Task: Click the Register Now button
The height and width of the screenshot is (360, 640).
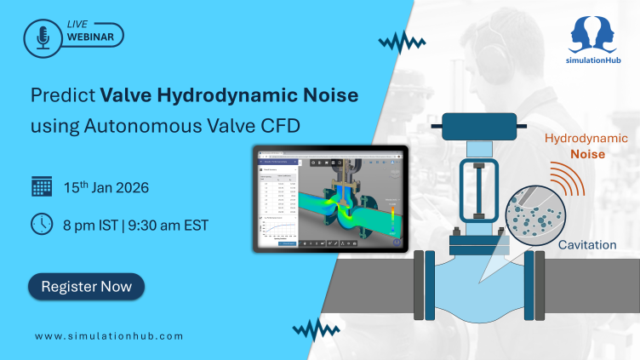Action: tap(86, 287)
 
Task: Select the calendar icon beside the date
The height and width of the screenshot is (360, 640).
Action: tap(42, 186)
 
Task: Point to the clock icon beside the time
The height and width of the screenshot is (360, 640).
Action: tap(42, 224)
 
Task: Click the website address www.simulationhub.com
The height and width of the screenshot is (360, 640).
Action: tap(109, 336)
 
